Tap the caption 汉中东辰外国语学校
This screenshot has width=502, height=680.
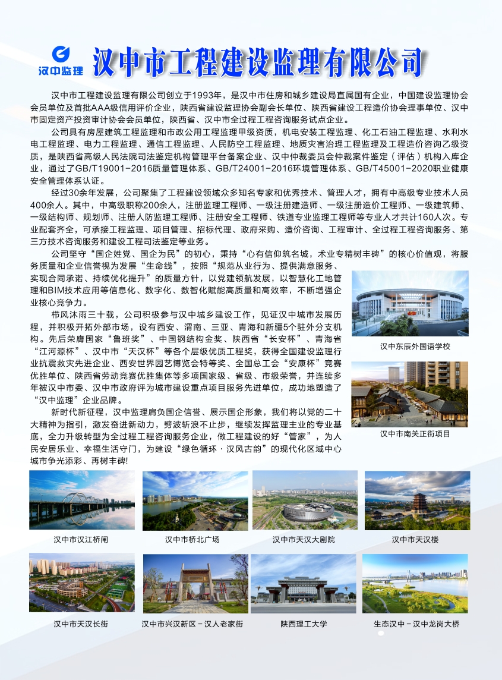pyautogui.click(x=415, y=346)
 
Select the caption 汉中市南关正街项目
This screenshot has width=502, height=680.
pyautogui.click(x=415, y=434)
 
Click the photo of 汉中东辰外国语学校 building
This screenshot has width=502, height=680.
pyautogui.click(x=410, y=303)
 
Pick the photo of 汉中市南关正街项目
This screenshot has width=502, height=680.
pyautogui.click(x=410, y=393)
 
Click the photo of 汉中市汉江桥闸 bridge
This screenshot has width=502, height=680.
pyautogui.click(x=81, y=500)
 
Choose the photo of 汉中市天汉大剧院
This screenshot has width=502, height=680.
pyautogui.click(x=305, y=500)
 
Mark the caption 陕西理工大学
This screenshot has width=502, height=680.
pyautogui.click(x=304, y=624)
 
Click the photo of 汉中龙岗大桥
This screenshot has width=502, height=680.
pyautogui.click(x=415, y=583)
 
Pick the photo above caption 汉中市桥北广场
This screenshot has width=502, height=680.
pyautogui.click(x=195, y=500)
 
